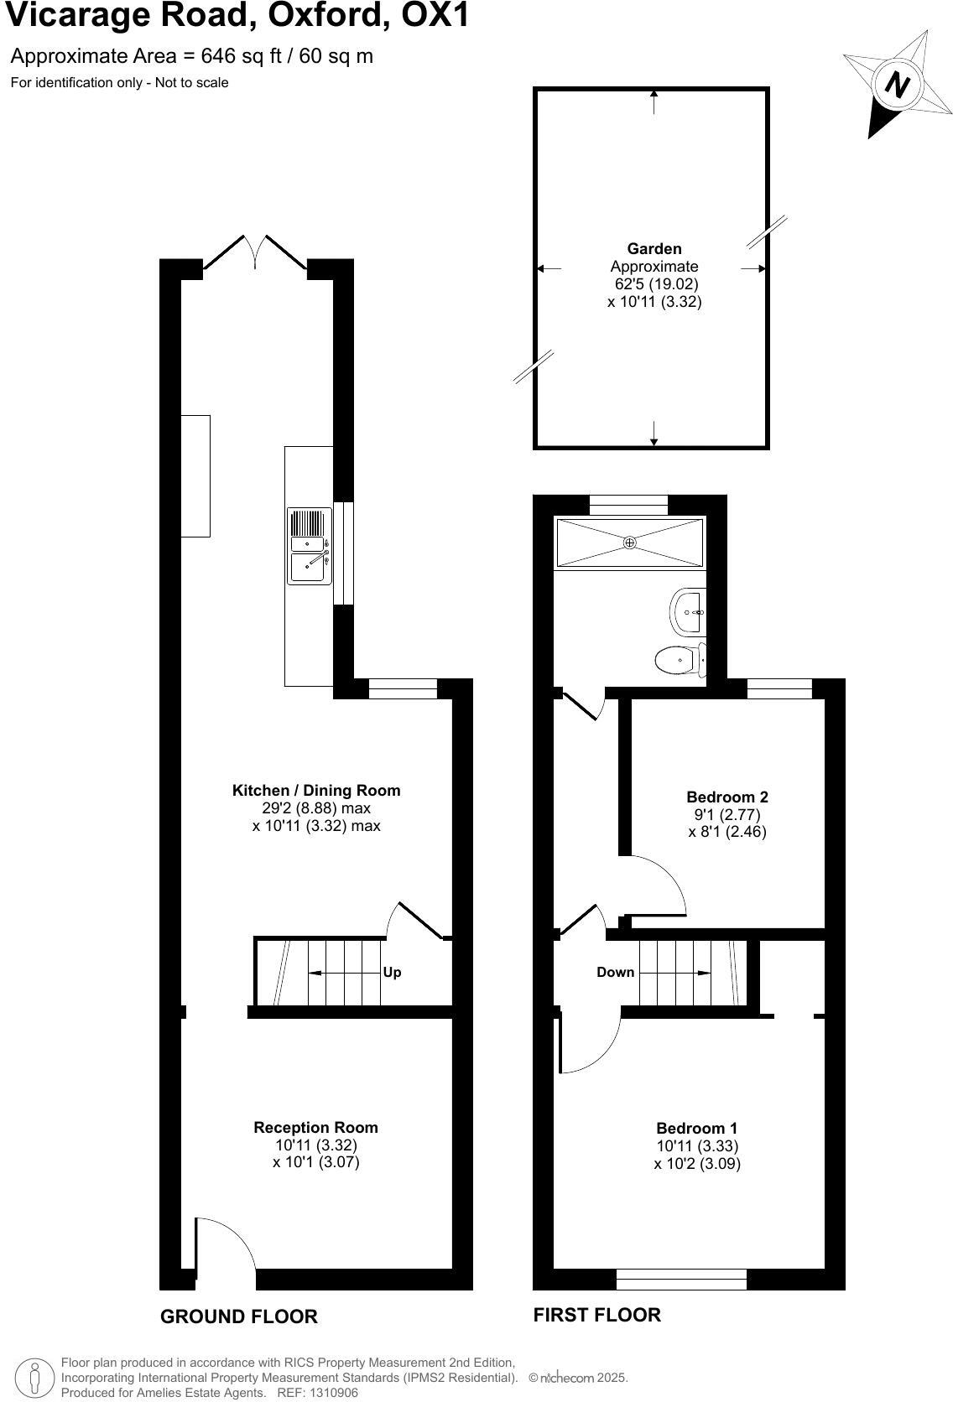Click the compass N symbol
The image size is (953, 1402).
897,85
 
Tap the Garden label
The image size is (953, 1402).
654,248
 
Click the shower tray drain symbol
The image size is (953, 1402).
629,543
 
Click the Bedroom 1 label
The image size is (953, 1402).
696,1128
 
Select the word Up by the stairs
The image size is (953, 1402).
392,972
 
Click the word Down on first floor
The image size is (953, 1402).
615,972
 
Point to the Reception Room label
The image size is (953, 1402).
315,1127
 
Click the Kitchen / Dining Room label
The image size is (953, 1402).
316,790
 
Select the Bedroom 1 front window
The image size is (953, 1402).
681,1279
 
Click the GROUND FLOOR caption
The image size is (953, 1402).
238,1316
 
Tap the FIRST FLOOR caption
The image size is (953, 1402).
596,1314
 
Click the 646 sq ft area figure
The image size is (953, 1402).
222,56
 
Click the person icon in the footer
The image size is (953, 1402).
34,1378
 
